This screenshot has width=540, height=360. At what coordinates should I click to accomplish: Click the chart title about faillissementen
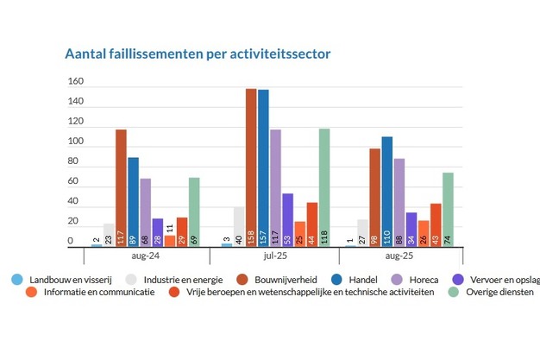coord(198,54)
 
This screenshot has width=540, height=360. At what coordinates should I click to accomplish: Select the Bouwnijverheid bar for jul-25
coord(251,167)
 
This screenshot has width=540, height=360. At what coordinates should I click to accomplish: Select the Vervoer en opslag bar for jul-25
coord(287,219)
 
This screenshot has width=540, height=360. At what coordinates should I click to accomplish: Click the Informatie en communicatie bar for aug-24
coord(170,241)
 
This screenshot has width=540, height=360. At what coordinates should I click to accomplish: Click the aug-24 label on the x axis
coord(145,257)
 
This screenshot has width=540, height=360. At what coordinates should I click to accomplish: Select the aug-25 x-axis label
coord(399,257)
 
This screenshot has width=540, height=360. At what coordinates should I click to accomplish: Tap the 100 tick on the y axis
coord(76,142)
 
